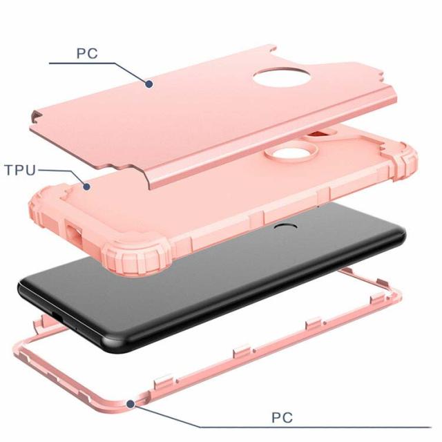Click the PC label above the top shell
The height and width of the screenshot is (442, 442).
pyautogui.click(x=88, y=54)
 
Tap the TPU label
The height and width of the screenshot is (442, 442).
pyautogui.click(x=21, y=170)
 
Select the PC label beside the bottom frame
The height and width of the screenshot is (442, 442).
pyautogui.click(x=282, y=417)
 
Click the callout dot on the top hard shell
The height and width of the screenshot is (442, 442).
pyautogui.click(x=149, y=84)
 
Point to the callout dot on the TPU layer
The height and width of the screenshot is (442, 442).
pyautogui.click(x=87, y=186)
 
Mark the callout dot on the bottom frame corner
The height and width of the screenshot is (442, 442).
pyautogui.click(x=131, y=404)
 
